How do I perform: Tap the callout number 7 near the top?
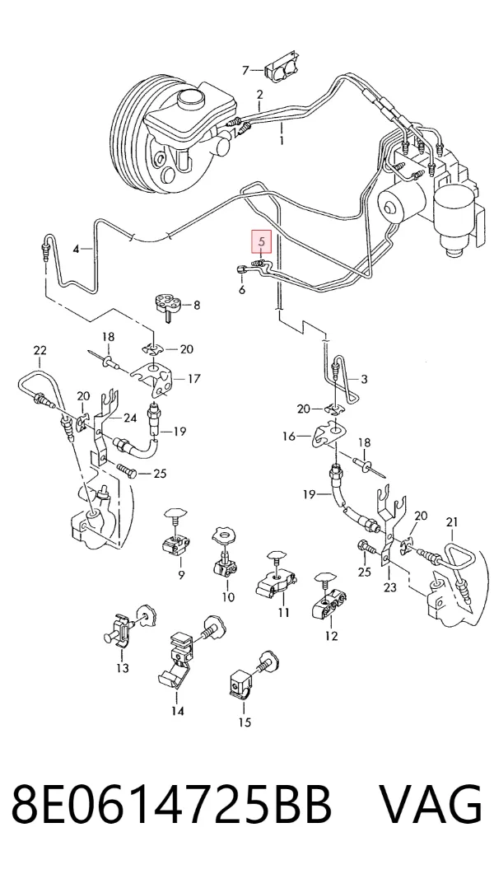coord(245,70)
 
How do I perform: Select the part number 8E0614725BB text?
coord(171,805)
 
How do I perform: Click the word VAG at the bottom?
coord(431,805)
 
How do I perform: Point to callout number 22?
coord(40,351)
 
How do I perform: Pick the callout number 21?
coord(452,522)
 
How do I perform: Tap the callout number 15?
coord(245,723)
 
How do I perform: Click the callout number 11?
coord(284,613)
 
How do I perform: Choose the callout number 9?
coord(181,575)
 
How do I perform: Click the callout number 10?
coord(228,597)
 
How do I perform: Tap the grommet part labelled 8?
coord(168,303)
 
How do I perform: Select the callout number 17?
coord(193,379)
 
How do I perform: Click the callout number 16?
coord(288,436)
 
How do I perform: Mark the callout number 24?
coord(130,418)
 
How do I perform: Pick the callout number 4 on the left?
coord(77,249)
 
